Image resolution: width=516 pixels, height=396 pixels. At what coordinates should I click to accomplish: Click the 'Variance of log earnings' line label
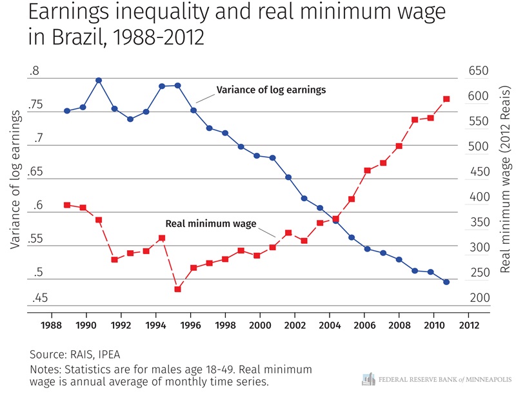271,90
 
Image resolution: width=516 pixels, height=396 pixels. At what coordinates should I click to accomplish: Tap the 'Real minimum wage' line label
211,224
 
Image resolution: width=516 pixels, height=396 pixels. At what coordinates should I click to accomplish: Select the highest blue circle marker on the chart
99,81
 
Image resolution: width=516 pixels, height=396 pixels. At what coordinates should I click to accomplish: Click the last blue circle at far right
446,282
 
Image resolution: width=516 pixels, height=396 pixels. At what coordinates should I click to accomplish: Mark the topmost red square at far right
446,99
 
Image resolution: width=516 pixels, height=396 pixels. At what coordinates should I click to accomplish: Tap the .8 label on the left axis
34,72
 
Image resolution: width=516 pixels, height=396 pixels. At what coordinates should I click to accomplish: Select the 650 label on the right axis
479,72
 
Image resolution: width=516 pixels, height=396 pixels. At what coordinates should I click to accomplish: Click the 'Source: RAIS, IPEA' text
75,355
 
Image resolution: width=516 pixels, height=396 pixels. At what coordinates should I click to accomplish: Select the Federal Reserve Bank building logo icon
368,379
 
